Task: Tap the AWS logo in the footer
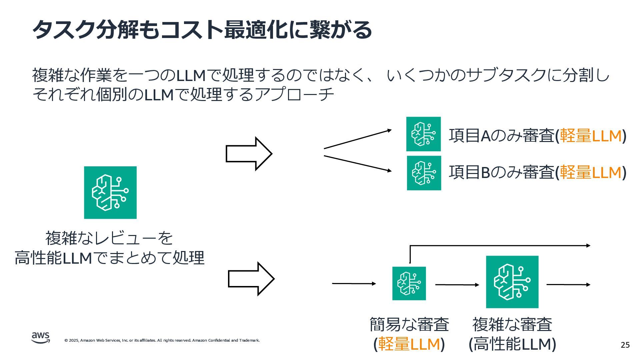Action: tap(41, 337)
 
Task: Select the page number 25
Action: tap(625, 345)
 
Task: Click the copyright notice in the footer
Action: tap(162, 340)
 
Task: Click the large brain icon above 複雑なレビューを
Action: tap(110, 193)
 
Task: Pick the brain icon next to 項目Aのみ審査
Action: tap(423, 134)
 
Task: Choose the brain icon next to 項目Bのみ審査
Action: tap(424, 173)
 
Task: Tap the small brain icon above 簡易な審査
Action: tap(409, 283)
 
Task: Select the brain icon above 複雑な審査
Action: tap(512, 282)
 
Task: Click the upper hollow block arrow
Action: tap(249, 154)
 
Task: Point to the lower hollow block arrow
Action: tap(251, 279)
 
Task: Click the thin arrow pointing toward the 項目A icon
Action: tap(357, 139)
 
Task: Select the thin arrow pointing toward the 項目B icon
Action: tap(357, 164)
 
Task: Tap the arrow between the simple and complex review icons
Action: tap(457, 285)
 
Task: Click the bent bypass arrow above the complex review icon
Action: tap(500, 246)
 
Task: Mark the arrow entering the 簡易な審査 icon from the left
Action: tap(354, 284)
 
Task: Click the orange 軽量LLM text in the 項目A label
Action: tap(591, 136)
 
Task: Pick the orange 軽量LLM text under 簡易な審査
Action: tap(409, 344)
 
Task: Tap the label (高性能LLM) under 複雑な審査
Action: tap(512, 344)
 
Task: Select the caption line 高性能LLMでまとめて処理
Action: tap(109, 258)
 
